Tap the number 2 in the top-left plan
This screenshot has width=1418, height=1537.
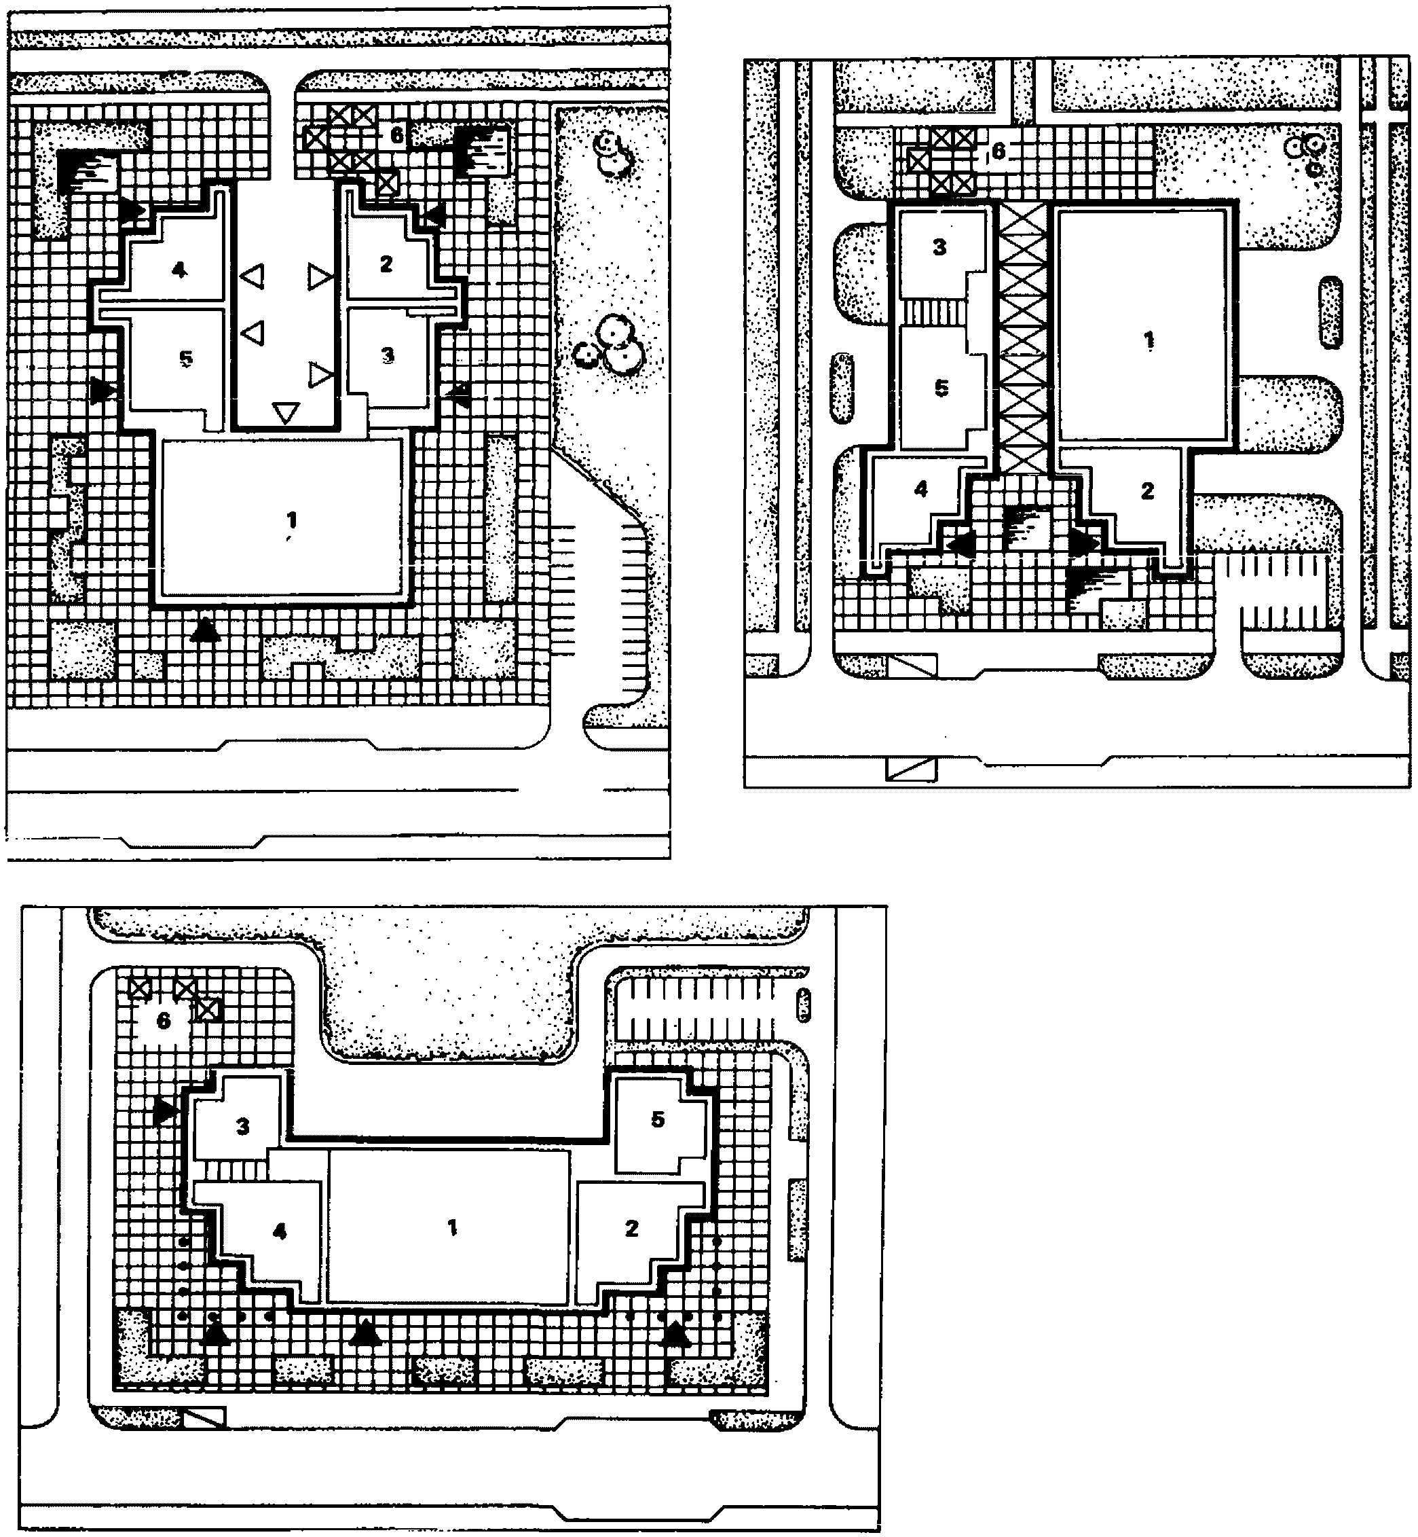386,264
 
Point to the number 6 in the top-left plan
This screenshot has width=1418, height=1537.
396,135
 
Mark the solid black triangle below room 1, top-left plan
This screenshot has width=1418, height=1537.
204,630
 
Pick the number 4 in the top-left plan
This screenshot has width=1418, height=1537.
179,270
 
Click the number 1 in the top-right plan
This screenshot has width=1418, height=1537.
1149,341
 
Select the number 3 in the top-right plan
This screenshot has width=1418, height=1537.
939,247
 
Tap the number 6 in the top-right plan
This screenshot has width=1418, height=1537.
998,151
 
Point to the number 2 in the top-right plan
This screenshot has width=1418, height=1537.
1147,490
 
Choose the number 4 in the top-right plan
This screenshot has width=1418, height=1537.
920,488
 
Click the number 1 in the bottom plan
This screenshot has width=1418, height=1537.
452,1227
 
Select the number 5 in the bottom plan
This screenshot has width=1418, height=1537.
658,1119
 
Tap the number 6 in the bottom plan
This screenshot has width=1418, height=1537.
163,1020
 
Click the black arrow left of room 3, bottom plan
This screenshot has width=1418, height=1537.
165,1111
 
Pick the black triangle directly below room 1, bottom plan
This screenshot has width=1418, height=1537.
365,1333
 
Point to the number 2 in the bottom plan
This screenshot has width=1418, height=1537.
631,1229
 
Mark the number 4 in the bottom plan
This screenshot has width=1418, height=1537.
279,1231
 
